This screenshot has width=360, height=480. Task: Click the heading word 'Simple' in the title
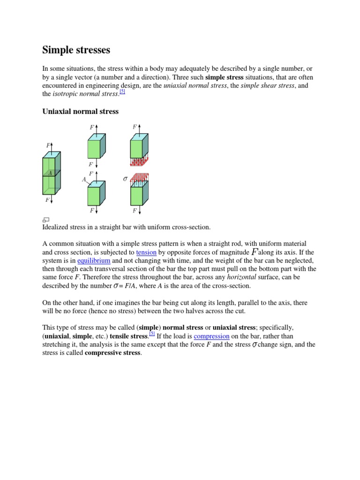tap(58, 50)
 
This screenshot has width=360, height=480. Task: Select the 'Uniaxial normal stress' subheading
tap(81, 112)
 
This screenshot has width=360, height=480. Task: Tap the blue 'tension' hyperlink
tap(146, 252)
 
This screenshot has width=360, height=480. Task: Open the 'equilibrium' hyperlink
tap(94, 260)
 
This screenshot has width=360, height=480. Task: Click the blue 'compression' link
tap(211, 336)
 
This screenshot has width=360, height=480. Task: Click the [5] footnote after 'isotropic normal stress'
tap(122, 92)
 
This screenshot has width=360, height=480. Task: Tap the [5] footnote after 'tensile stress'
tap(152, 334)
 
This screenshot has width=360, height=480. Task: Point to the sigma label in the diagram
tap(125, 179)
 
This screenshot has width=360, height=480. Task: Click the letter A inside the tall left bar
tap(50, 173)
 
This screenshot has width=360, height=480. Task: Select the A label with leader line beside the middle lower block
tap(84, 180)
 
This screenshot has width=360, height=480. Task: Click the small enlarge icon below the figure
tap(46, 219)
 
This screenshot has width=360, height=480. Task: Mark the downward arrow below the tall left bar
tap(52, 199)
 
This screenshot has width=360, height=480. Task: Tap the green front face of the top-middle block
tap(94, 149)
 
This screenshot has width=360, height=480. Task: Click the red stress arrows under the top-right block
tap(139, 162)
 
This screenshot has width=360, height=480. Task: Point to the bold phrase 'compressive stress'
tap(112, 353)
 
